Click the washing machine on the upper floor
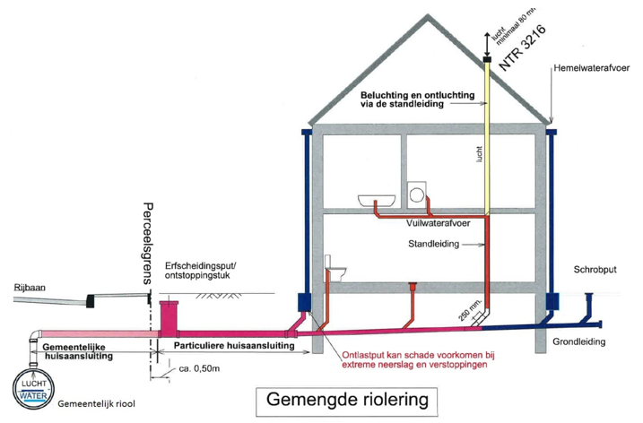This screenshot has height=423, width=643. (x=418, y=195)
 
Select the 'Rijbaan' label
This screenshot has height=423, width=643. (x=30, y=288)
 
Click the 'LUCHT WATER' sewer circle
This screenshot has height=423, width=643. (x=34, y=390)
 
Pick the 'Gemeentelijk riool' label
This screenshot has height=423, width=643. (x=97, y=405)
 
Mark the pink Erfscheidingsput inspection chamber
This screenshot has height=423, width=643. (x=169, y=317)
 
